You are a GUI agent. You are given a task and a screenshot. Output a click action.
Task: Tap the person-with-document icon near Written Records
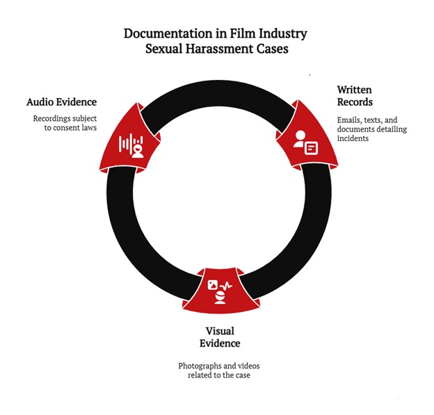tap(305, 141)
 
